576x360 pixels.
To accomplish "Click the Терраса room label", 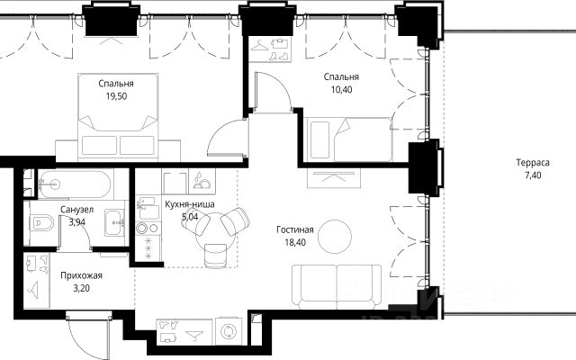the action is [x=533, y=162].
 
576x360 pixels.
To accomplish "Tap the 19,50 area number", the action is [x=116, y=96].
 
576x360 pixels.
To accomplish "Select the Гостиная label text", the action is [x=295, y=229].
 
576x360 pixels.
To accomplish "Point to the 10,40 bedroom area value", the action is [x=341, y=90].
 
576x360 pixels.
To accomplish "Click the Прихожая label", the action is [x=81, y=275].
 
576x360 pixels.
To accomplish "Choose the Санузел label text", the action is [x=76, y=210].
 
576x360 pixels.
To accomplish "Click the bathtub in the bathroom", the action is [x=75, y=184].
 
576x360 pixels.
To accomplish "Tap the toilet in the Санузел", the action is [x=41, y=222].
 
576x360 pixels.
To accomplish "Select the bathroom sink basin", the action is [x=114, y=222].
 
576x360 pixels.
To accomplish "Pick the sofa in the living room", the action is [x=337, y=286].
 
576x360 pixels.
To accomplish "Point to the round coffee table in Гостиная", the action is [x=335, y=237].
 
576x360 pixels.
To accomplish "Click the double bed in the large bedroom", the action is [x=118, y=118].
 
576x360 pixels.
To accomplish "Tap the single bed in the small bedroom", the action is [x=348, y=139].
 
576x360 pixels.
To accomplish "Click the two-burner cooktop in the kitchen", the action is [x=148, y=228].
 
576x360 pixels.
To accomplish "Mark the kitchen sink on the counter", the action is [x=148, y=208].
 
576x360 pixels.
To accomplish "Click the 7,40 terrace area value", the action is [x=533, y=175].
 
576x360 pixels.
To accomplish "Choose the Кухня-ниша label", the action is [x=190, y=204].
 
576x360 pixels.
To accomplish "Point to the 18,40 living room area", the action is [x=295, y=242].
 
